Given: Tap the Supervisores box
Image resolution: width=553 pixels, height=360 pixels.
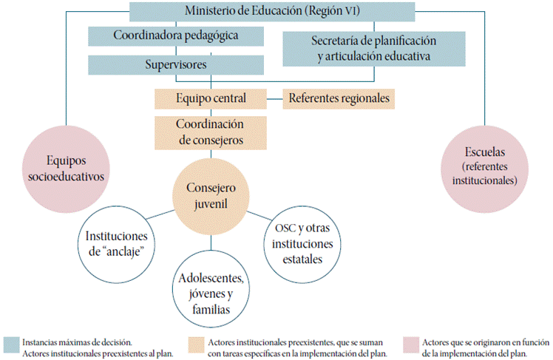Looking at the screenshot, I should (x=177, y=64).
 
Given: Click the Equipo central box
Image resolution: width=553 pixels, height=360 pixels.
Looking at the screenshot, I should (x=210, y=98).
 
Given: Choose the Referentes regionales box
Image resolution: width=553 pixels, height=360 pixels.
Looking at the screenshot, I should (x=339, y=98).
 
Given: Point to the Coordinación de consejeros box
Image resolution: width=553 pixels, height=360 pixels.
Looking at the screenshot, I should (x=210, y=131).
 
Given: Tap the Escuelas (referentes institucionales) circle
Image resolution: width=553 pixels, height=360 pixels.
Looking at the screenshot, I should (x=486, y=165).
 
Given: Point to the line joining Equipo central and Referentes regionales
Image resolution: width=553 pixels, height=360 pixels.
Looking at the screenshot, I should (x=274, y=98).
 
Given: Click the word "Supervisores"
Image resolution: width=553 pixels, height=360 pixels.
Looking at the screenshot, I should (x=177, y=64).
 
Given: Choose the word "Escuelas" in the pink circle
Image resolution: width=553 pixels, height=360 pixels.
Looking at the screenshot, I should (x=486, y=152).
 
